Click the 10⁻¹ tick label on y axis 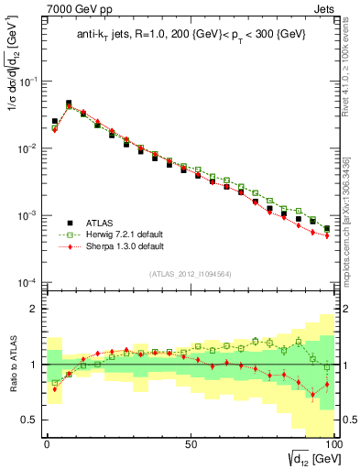click(x=29, y=82)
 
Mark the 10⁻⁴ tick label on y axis click(x=29, y=282)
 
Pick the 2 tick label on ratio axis click(x=35, y=309)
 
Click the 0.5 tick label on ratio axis click(x=29, y=420)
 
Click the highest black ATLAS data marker click(x=69, y=104)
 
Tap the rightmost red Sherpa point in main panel click(x=327, y=236)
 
